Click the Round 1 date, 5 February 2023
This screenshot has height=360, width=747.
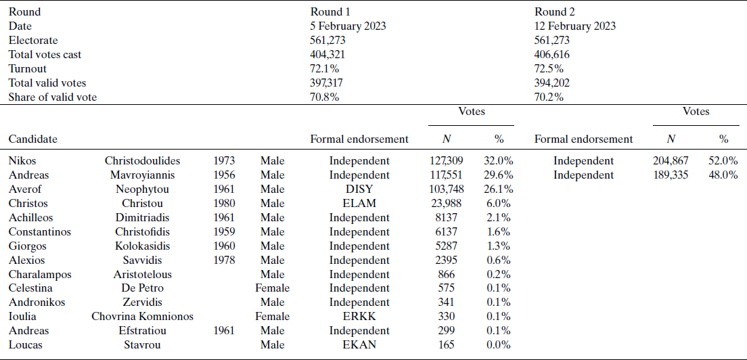click(x=348, y=26)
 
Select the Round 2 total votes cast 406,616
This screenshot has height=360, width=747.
click(x=552, y=55)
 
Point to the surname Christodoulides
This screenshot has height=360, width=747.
click(x=143, y=161)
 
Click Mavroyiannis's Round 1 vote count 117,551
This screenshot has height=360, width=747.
click(x=446, y=175)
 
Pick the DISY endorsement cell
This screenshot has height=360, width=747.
click(x=359, y=189)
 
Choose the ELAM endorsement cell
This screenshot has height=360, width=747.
click(x=359, y=203)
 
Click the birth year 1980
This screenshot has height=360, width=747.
click(x=224, y=203)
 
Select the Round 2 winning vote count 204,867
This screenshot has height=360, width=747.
click(x=671, y=161)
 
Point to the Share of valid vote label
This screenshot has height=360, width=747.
click(x=53, y=97)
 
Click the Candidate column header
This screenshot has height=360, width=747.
click(x=33, y=139)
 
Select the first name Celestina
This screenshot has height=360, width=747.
click(x=30, y=288)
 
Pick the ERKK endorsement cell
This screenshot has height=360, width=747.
click(x=359, y=317)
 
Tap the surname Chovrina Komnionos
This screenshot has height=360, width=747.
click(x=143, y=317)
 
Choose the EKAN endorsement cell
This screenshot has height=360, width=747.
click(x=359, y=344)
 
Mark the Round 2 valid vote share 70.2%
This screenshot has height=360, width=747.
click(x=549, y=97)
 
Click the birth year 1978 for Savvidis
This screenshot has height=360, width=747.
click(x=224, y=260)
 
